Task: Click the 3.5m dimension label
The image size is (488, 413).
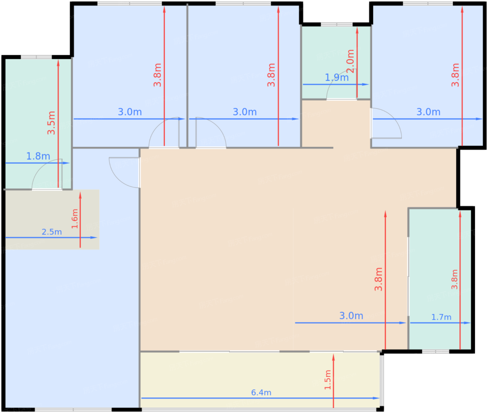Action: pos(51,123)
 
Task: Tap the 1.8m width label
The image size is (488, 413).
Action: pos(38,156)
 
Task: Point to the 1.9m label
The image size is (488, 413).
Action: pos(337,77)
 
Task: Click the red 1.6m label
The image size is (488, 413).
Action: pos(75,219)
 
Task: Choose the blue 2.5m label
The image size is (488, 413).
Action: pos(52,232)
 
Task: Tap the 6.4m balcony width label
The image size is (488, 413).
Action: pos(261,392)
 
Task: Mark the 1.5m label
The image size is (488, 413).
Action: pos(327,380)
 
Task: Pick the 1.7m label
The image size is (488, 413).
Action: pos(441,317)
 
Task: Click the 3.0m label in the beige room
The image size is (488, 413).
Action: pos(351,316)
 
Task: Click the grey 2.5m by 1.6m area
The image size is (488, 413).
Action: pos(52,219)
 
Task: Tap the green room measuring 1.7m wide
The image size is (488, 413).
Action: pos(440,279)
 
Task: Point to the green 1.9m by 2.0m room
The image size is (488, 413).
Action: pos(336,62)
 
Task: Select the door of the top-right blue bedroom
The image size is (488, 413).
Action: pos(386,123)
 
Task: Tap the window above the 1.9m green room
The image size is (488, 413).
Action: pos(337,24)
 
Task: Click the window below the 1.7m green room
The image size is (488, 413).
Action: pos(436,352)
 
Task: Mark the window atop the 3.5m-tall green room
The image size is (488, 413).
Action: pos(36,57)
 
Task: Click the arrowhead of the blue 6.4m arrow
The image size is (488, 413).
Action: pos(376,398)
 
